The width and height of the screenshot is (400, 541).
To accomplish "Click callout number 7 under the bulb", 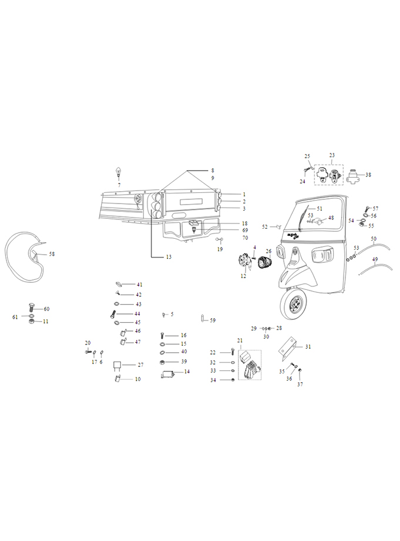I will tap(119, 185).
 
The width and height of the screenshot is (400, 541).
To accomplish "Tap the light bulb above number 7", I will tap(119, 172).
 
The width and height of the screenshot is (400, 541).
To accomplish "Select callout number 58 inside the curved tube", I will tap(52, 254).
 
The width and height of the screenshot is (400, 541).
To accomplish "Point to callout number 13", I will tap(169, 257).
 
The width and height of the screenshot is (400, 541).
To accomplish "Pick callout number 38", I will tap(368, 175).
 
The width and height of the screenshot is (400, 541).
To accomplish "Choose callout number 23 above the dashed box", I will tap(332, 155).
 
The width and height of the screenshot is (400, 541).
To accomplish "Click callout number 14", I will tap(187, 372).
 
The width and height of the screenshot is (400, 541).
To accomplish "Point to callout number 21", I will tap(240, 340).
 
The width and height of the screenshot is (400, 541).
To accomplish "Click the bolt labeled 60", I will tap(31, 308).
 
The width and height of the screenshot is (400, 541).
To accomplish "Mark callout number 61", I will tap(16, 317).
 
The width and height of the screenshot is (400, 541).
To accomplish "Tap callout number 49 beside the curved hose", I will tap(375, 259).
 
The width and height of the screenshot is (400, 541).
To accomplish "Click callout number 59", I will tap(213, 320).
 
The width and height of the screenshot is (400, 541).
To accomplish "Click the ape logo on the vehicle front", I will tap(293, 236).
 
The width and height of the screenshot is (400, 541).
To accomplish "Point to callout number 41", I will tap(139, 285).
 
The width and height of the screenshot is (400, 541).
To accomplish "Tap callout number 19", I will tap(220, 249).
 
